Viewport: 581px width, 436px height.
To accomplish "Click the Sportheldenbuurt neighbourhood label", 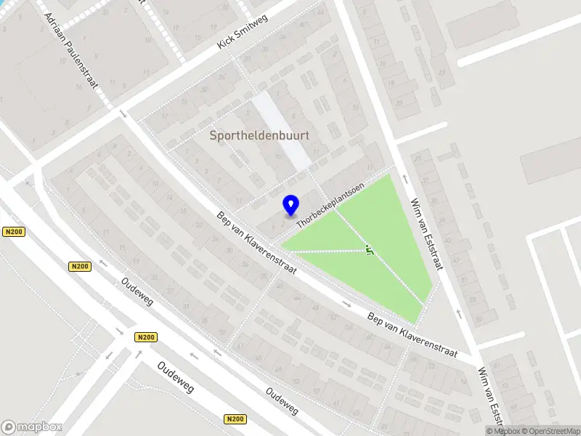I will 259,135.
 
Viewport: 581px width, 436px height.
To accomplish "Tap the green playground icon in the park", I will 370,251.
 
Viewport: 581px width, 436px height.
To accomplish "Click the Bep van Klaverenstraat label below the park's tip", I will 412,335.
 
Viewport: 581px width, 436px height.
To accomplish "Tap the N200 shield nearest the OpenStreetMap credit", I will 235,419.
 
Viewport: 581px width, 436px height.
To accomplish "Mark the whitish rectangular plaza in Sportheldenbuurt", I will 282,131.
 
